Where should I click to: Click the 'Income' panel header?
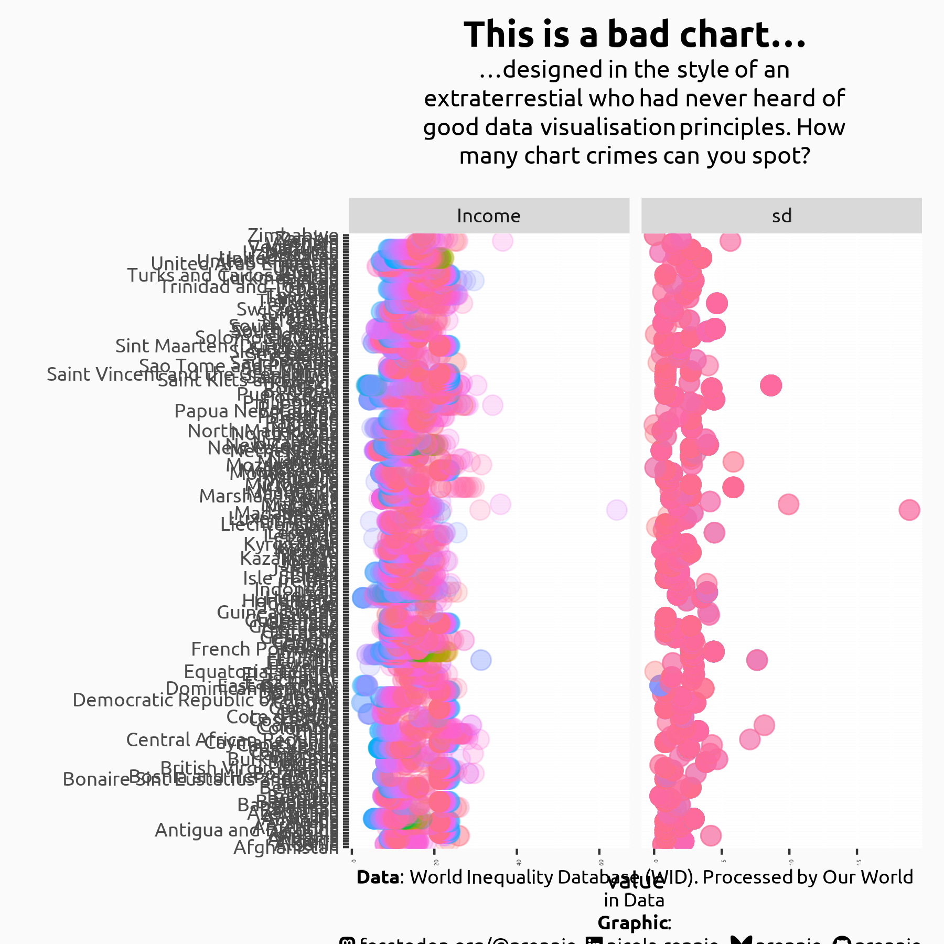pyautogui.click(x=489, y=216)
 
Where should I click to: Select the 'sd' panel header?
pyautogui.click(x=781, y=216)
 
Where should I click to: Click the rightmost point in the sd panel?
pyautogui.click(x=909, y=509)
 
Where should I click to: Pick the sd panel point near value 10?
pyautogui.click(x=788, y=505)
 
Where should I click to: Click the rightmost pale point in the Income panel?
pyautogui.click(x=616, y=510)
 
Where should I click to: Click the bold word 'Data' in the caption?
pyautogui.click(x=377, y=877)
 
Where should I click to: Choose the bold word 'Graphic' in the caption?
pyautogui.click(x=633, y=922)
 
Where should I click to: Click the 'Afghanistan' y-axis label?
pyautogui.click(x=286, y=846)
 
